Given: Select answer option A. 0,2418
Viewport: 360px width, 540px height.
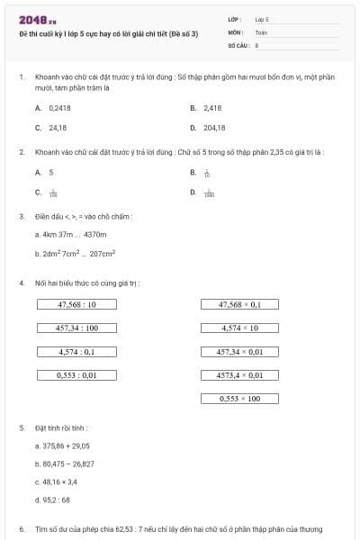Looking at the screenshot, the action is tap(54, 108).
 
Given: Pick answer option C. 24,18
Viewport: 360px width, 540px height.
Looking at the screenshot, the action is tap(52, 128).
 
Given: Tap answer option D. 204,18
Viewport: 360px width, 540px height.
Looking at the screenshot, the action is tap(208, 128).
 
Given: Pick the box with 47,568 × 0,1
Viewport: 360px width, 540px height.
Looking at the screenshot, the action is tap(239, 304).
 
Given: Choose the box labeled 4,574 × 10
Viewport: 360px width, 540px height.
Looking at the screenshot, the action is tap(239, 328).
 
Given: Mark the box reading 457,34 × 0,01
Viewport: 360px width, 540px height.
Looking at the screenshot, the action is tap(239, 351).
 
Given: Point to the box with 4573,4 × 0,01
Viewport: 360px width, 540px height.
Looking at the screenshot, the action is tap(239, 374).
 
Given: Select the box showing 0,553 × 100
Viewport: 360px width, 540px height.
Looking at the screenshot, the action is tap(239, 398).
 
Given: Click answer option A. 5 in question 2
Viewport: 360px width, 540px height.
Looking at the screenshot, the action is tap(45, 172).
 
